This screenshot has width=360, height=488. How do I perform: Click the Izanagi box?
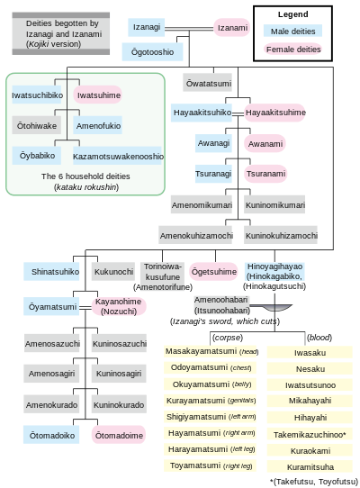[146, 27]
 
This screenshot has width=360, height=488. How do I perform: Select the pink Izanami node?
[232, 27]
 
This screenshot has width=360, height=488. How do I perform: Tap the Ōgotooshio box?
[152, 51]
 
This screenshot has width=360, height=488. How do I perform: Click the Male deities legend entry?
[292, 32]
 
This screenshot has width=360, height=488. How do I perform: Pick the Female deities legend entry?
[292, 50]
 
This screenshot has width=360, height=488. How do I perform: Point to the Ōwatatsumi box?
[208, 83]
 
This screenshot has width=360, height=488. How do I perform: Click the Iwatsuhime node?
[98, 95]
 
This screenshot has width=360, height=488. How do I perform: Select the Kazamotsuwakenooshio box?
[117, 156]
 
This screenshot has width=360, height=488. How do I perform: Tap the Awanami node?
[265, 143]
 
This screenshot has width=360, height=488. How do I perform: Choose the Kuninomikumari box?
[274, 204]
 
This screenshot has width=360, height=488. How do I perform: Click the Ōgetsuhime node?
[214, 272]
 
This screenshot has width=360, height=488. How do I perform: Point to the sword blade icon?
[275, 308]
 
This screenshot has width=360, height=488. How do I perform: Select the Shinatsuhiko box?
[51, 272]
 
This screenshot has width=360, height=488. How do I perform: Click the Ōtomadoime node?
[119, 435]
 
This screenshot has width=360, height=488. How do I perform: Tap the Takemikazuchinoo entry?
[310, 434]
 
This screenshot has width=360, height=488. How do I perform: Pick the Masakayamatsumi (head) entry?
[211, 351]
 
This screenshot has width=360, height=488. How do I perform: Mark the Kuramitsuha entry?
[310, 466]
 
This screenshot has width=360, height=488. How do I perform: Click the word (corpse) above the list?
[228, 338]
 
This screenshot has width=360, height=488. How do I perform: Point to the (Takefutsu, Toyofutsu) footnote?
[313, 482]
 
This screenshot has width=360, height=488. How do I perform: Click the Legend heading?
[293, 14]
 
